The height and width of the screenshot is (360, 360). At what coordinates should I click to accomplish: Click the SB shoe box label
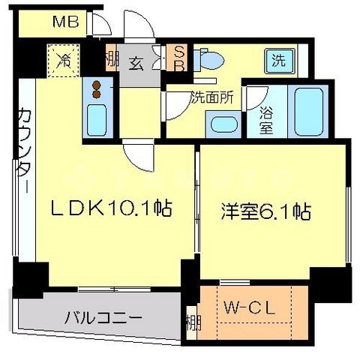pos(179,58)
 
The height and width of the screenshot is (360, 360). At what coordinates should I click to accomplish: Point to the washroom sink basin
pos(223,124)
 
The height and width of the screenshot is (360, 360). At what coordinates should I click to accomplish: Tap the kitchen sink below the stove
pos(97,118)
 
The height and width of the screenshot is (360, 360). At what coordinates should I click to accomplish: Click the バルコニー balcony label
pos(103,318)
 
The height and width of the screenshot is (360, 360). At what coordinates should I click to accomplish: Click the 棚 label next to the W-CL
pos(193,324)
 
